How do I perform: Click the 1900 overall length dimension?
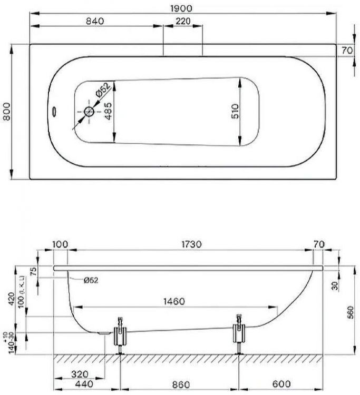click(182, 8)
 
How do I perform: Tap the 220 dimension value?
click(183, 21)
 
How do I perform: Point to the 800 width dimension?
click(6, 112)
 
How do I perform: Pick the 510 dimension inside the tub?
click(235, 111)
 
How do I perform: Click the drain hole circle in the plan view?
click(89, 112)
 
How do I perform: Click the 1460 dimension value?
click(174, 301)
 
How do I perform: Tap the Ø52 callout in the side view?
click(91, 280)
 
